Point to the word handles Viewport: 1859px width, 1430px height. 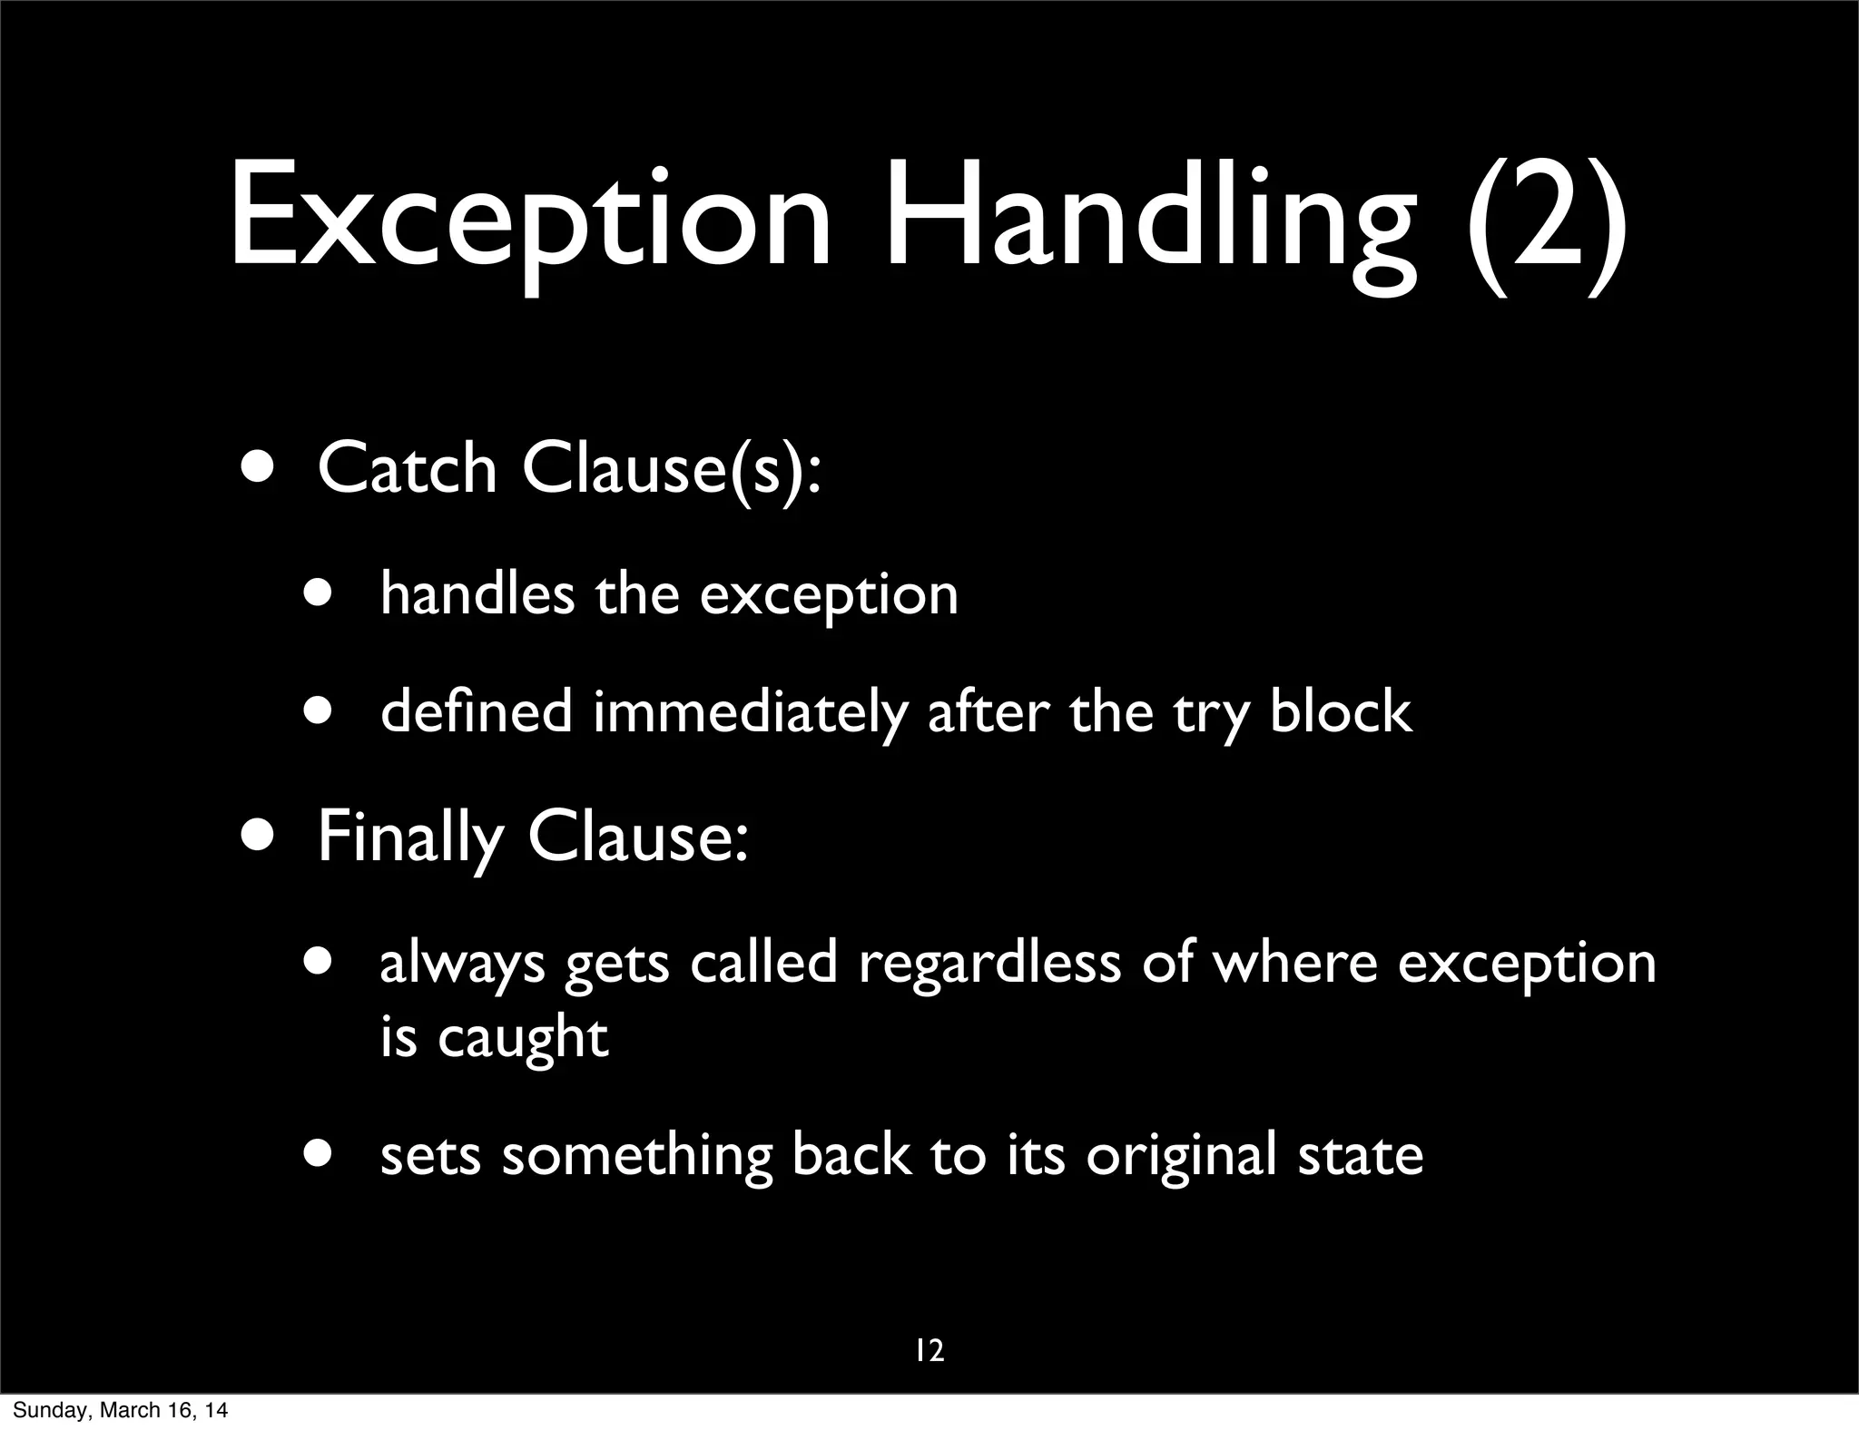(477, 594)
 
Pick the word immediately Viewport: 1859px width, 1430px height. (750, 711)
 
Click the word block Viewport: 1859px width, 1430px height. (1341, 711)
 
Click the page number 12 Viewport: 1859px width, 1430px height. (929, 1351)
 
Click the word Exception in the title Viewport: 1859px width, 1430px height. (530, 218)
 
